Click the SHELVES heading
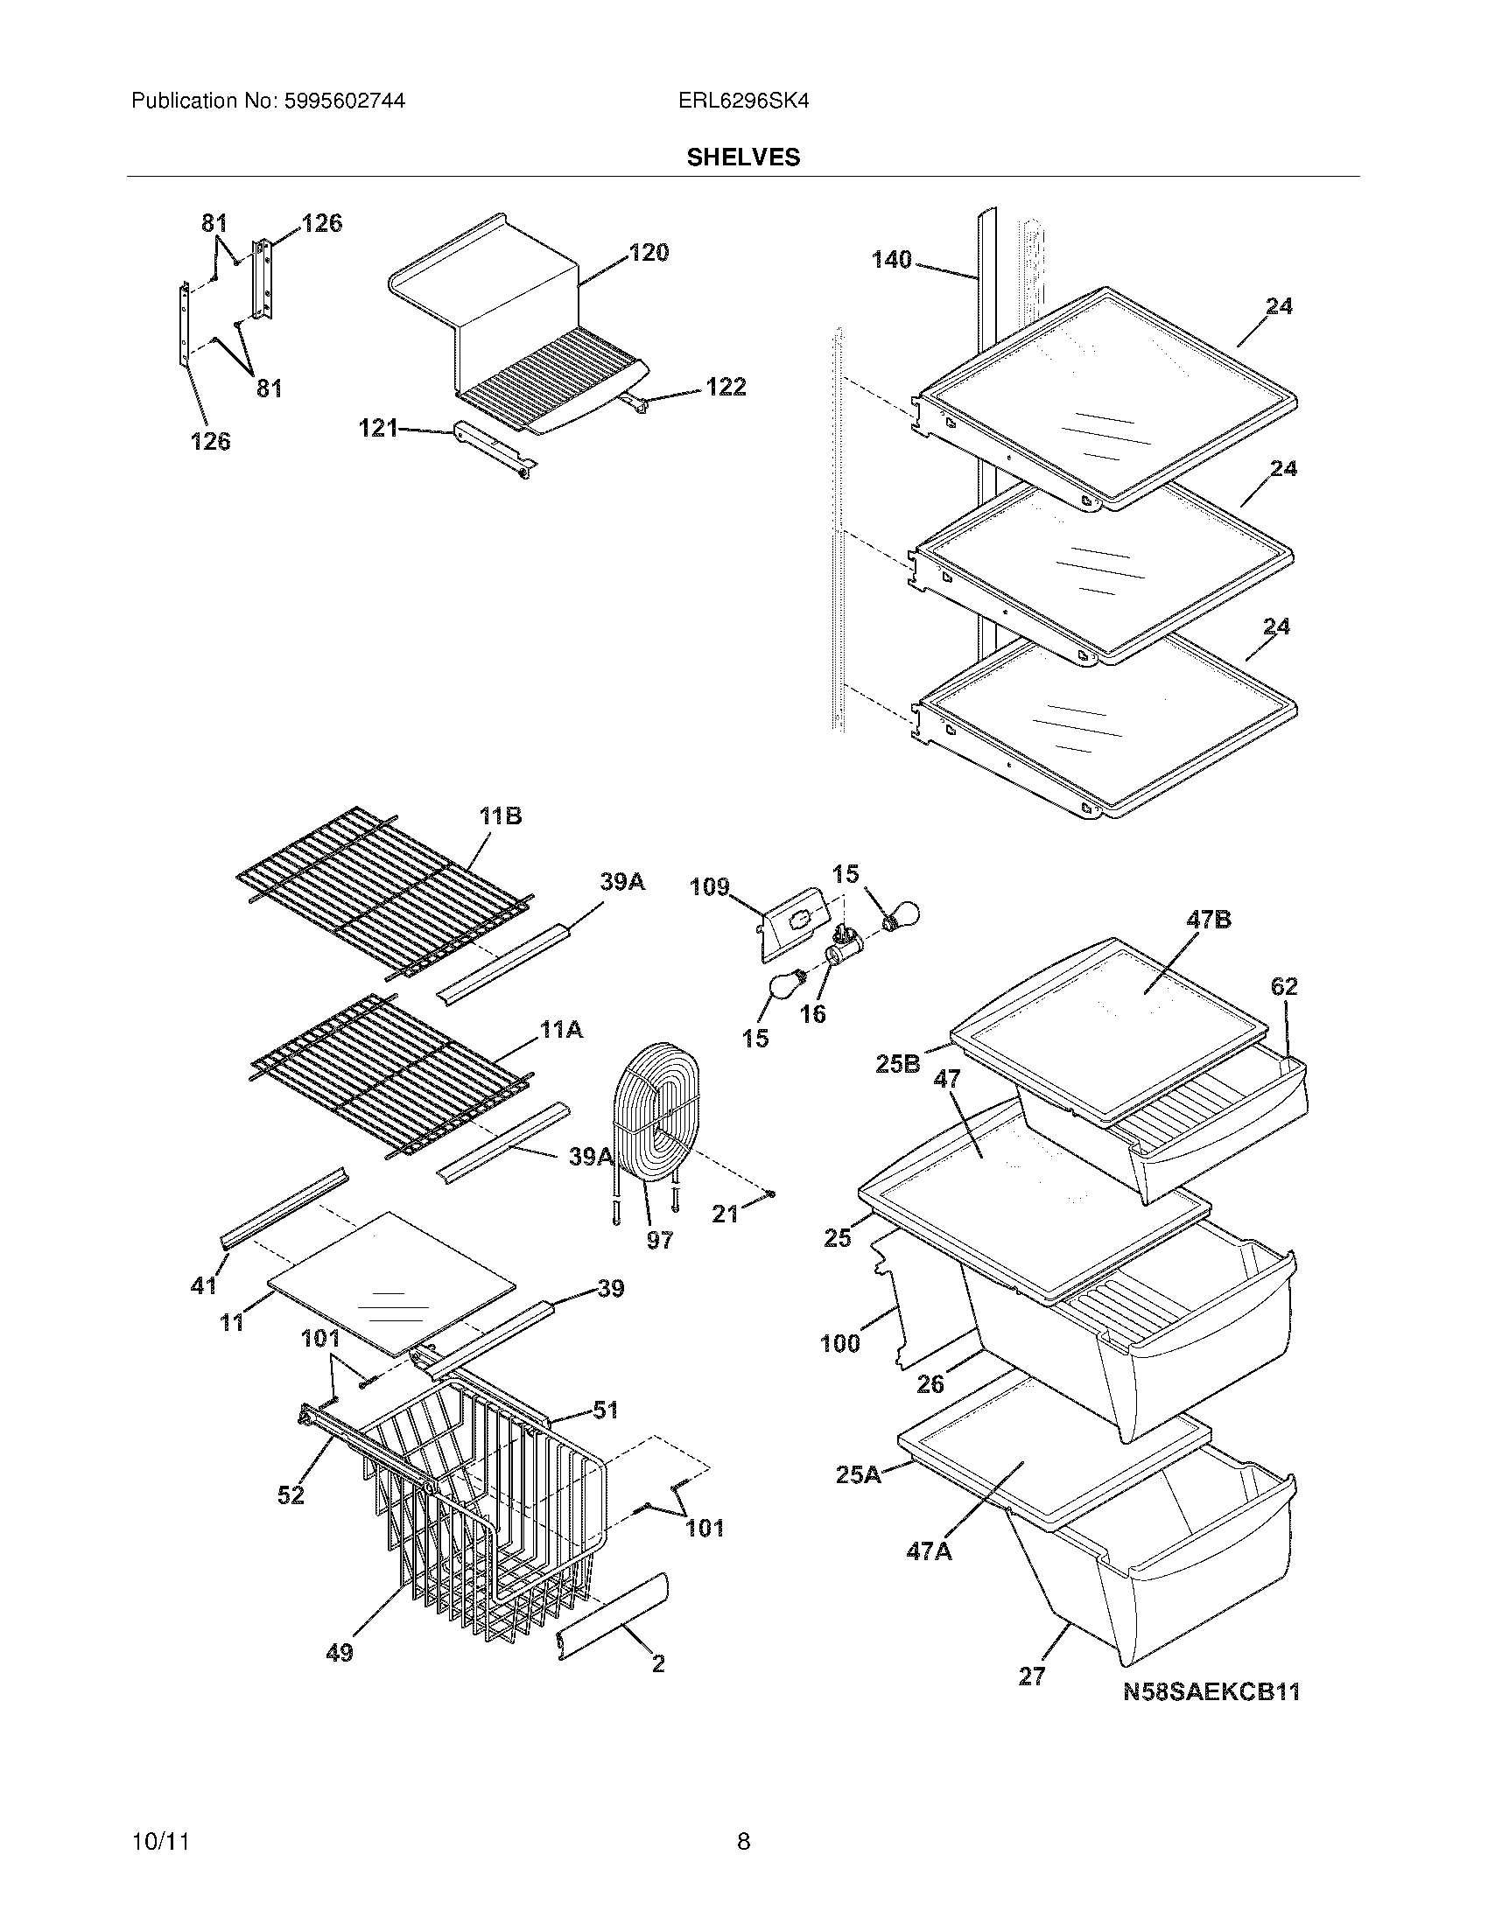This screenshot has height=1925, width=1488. (743, 157)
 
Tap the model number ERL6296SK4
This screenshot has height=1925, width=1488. (743, 101)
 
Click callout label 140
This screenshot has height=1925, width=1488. (891, 260)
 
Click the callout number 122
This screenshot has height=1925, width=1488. (726, 387)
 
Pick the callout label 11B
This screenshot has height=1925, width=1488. (500, 816)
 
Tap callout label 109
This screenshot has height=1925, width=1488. (710, 885)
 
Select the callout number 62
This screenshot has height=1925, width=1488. (1284, 986)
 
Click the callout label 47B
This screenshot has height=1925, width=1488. (1209, 920)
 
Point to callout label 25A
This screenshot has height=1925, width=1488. (859, 1473)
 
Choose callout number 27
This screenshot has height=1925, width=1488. (1031, 1676)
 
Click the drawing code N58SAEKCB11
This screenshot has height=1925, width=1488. (1211, 1691)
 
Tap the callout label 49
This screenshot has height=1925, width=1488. (340, 1654)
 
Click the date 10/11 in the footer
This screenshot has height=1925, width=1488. (159, 1842)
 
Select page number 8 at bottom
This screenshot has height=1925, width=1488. (743, 1841)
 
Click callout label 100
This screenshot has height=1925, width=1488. (839, 1344)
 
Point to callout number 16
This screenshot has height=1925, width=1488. (812, 1013)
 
